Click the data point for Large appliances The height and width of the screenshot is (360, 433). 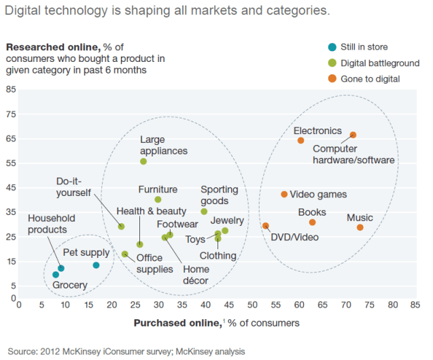coord(143,161)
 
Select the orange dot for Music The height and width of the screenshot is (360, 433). coord(360,227)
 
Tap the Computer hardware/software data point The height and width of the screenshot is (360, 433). coord(353,135)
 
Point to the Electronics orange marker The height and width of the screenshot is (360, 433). coord(300,140)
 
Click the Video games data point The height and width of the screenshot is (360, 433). coord(284,194)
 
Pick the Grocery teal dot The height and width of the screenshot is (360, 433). coord(56,274)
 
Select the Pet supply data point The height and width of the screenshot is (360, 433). coord(96,265)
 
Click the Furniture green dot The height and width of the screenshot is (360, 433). coord(158,199)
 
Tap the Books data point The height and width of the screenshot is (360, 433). coord(312,222)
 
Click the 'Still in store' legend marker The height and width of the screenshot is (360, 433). coord(332,47)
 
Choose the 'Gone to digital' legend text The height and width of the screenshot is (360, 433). coord(371,79)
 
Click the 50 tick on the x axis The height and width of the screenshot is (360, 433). coord(252,306)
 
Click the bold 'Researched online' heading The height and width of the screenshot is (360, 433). coord(53,47)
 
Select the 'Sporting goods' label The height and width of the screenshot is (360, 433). coord(215,195)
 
